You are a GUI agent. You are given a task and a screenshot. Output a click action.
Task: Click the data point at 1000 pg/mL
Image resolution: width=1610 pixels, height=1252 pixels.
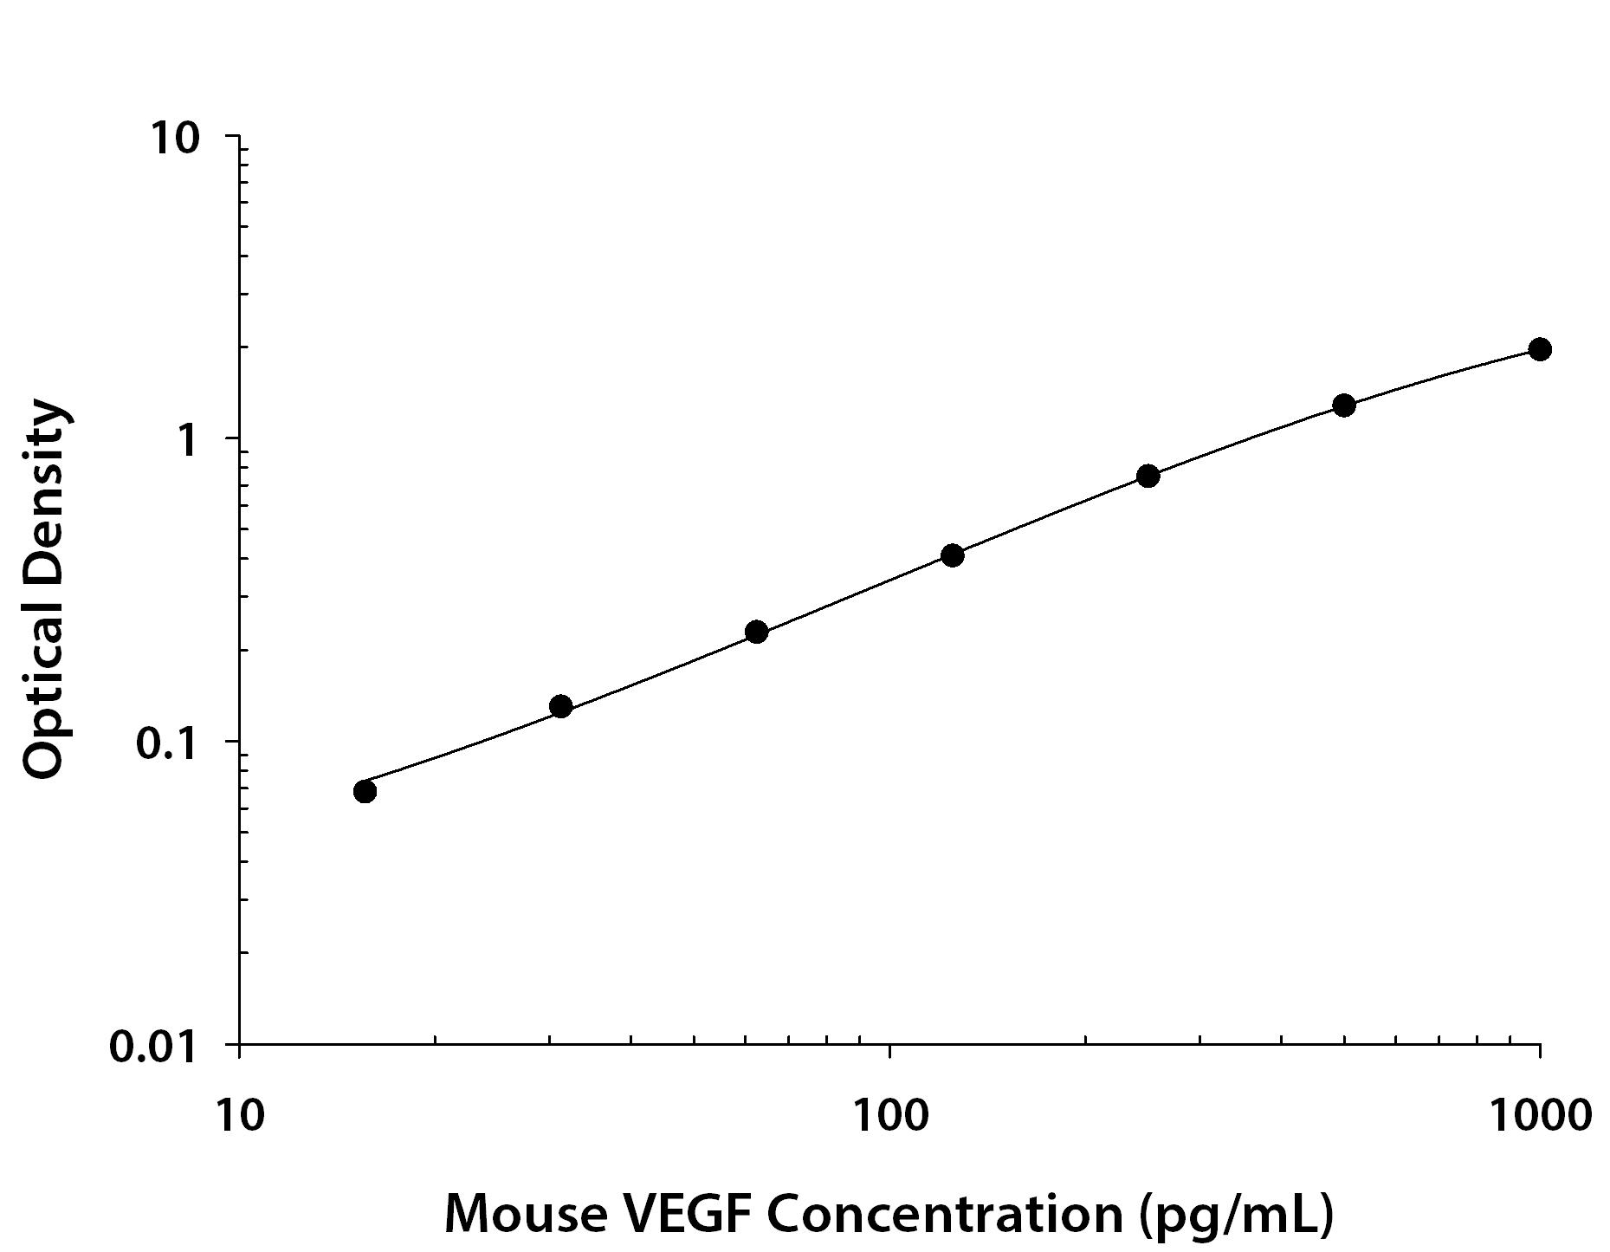click(x=1539, y=349)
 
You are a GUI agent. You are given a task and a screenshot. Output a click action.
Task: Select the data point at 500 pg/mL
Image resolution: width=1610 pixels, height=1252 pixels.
click(x=1343, y=405)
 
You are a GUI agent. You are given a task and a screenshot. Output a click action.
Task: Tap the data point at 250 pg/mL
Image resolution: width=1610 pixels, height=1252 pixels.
click(x=1148, y=476)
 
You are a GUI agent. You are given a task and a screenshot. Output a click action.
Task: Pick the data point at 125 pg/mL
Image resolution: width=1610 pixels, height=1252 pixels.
click(x=952, y=555)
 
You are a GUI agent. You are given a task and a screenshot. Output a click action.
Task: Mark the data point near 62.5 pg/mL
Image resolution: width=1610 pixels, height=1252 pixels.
click(x=756, y=632)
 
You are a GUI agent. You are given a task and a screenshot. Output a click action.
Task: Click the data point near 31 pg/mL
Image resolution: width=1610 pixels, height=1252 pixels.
click(x=560, y=707)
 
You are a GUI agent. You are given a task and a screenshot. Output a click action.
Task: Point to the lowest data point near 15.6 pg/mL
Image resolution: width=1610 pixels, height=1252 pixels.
click(x=365, y=791)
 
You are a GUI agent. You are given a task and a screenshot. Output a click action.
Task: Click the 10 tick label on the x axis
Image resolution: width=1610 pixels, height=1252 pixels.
click(x=236, y=1117)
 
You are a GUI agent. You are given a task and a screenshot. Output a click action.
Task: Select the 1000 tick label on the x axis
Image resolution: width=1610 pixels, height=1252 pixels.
click(x=1539, y=1117)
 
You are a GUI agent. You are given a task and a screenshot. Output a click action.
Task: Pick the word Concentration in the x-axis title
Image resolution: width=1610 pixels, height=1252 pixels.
click(x=944, y=1214)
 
